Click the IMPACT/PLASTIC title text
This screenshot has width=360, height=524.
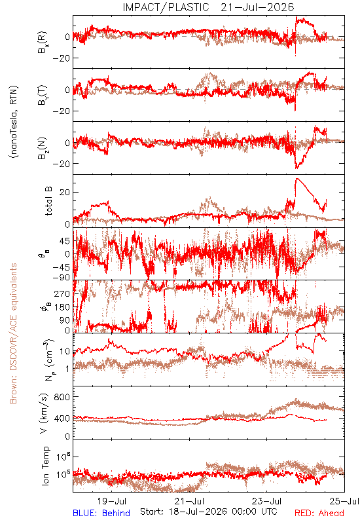[x=166, y=7]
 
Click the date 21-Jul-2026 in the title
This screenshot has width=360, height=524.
[x=257, y=7]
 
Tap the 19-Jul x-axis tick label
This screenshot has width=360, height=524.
[x=112, y=501]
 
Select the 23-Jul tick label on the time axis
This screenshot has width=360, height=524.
[x=267, y=501]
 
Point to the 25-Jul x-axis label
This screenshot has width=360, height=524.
[x=344, y=501]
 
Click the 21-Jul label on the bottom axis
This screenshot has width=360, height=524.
[x=189, y=501]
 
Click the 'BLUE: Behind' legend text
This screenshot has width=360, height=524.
[x=101, y=513]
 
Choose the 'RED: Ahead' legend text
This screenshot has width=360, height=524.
[x=319, y=513]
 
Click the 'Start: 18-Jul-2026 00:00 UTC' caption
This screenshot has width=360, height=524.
[x=208, y=512]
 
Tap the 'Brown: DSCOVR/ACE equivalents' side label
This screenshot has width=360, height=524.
[x=13, y=333]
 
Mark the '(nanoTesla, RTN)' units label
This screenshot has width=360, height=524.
[x=14, y=122]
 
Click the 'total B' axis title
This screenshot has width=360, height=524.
[x=48, y=201]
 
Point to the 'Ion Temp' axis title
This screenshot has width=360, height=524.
[x=45, y=466]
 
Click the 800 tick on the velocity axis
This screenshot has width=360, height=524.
[x=63, y=397]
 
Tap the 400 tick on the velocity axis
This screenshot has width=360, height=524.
[x=63, y=418]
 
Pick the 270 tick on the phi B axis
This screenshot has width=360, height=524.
[x=63, y=293]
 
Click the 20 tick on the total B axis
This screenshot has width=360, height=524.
[x=65, y=193]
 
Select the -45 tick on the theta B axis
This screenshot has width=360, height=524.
[x=61, y=267]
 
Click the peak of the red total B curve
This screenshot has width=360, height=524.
[x=297, y=178]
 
